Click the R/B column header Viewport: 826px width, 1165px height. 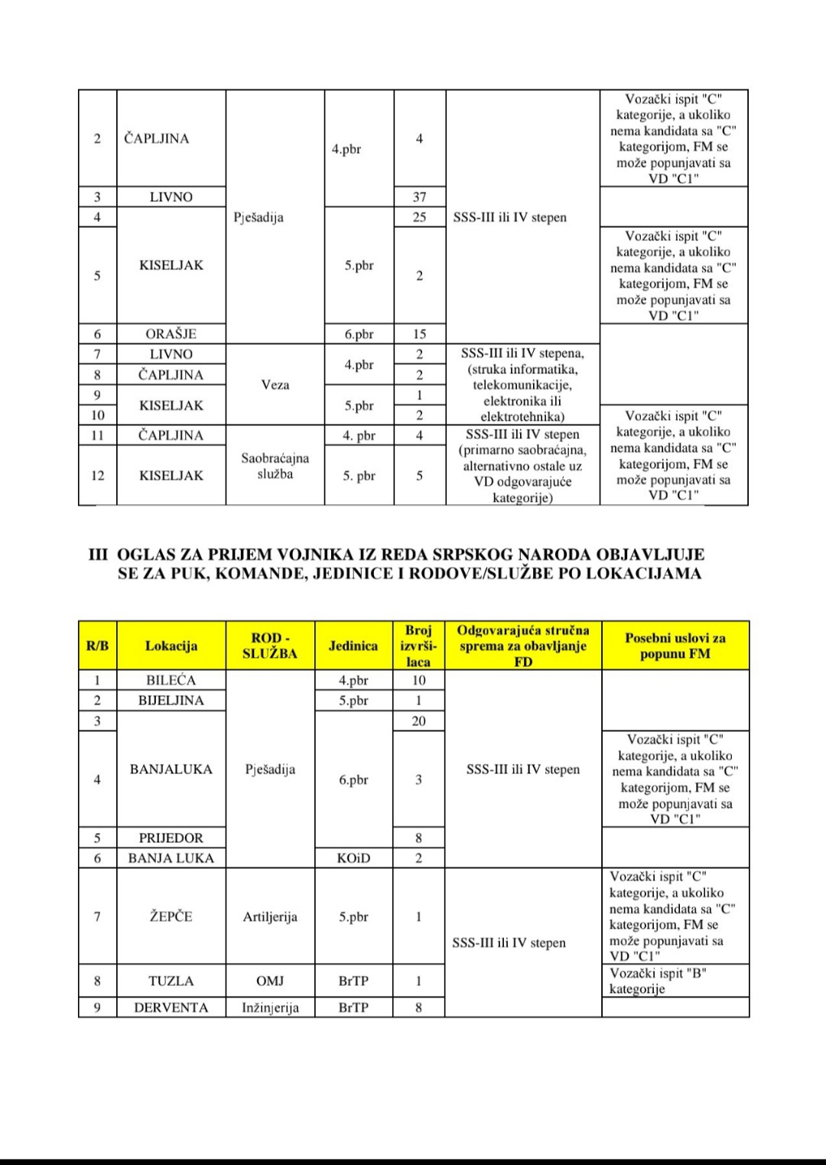pos(97,646)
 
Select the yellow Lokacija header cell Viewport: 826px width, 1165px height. pos(171,646)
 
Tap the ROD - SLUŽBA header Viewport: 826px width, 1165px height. pos(271,646)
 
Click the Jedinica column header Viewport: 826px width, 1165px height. pos(353,646)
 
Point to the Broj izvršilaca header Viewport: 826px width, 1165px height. pos(418,646)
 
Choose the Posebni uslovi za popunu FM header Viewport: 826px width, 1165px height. pos(675,646)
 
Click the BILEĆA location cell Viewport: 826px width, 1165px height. pos(171,680)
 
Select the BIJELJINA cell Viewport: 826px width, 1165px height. pos(171,701)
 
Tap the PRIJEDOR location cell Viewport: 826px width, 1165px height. pos(171,838)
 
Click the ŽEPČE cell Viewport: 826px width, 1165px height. pos(171,916)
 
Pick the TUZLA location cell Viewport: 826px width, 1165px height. pos(171,981)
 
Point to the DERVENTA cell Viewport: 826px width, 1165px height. pos(171,1007)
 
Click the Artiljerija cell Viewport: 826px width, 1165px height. pos(270,916)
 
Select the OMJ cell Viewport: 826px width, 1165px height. pos(270,981)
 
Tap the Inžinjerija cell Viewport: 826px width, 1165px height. pos(270,1007)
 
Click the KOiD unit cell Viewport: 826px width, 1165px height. pos(353,858)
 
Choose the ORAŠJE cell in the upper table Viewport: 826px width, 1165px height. pos(171,334)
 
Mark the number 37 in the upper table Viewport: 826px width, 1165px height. pos(419,197)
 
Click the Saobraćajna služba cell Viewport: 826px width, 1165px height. pos(275,466)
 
